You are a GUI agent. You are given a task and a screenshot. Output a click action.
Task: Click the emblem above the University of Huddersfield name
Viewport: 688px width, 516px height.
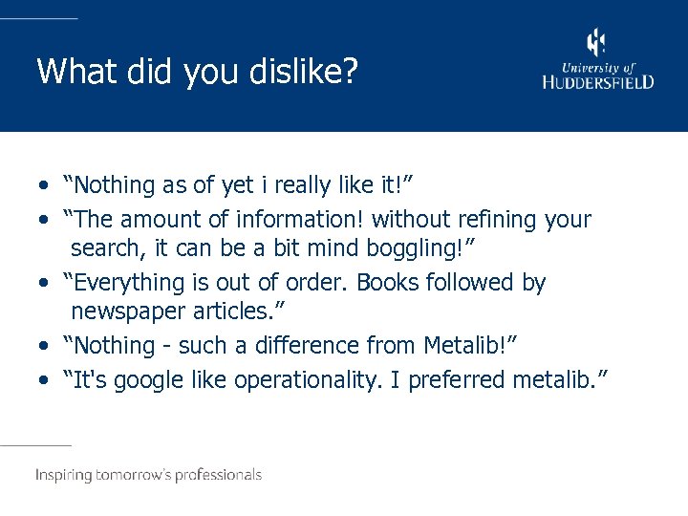pos(596,43)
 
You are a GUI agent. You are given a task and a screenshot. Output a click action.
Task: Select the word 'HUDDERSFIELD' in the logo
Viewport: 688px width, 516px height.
pos(598,82)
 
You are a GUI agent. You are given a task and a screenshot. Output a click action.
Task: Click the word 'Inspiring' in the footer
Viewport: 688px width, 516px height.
pos(65,475)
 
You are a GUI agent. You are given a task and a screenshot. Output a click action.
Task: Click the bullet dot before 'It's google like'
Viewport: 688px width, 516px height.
pos(46,380)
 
